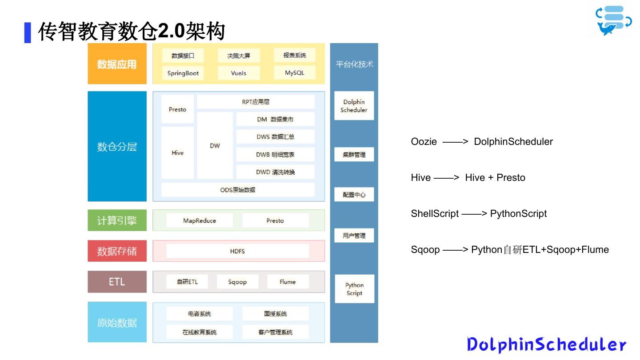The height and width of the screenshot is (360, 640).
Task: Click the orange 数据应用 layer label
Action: pos(117,64)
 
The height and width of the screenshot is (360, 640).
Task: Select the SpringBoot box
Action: pos(183,73)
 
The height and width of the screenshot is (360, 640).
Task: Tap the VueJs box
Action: pos(239,73)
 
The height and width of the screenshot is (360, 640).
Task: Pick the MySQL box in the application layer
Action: pos(294,73)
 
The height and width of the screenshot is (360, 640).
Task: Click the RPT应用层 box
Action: pos(256,102)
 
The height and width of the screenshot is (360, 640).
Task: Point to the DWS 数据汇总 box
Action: pos(275,137)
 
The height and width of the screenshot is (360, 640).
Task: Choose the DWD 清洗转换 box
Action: pos(275,172)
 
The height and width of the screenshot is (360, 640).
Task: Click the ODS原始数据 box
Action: pos(238,190)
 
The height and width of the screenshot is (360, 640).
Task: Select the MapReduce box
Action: pos(200,220)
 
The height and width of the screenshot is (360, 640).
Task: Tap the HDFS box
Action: pos(237,251)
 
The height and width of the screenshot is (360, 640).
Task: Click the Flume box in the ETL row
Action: pos(288,282)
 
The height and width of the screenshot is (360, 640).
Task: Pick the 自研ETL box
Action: pos(187,282)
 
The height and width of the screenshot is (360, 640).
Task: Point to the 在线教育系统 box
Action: pos(200,332)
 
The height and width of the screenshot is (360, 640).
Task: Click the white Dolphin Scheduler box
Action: pos(354,106)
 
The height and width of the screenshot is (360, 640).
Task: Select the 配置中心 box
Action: pos(354,195)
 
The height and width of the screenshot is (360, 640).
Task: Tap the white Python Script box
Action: pos(354,289)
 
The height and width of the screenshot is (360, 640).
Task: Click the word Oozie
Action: pos(424,142)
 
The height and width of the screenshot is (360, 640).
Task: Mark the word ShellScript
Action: pos(435,214)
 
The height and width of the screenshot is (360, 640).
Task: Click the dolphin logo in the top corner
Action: pos(613,20)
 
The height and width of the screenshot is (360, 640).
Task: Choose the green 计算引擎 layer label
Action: pos(117,220)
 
